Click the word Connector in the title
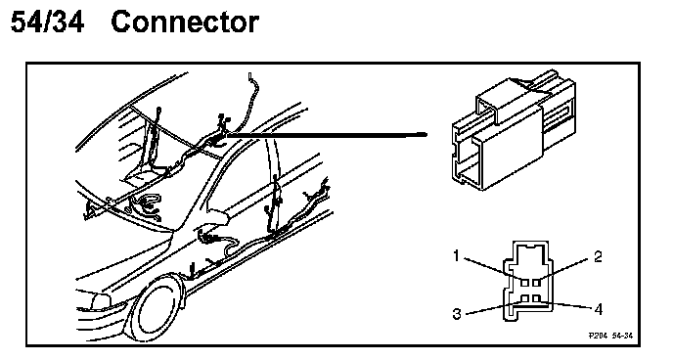tap(185, 22)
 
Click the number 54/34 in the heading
tap(47, 22)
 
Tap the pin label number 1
tap(456, 256)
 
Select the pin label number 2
tap(598, 256)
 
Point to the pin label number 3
tap(457, 314)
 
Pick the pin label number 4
tap(599, 308)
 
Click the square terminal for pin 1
tap(525, 283)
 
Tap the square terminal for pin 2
tap(536, 283)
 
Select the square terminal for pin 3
tap(525, 297)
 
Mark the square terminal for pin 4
tap(536, 297)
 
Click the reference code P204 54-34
tap(610, 336)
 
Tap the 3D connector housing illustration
tap(514, 129)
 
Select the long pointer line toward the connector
tap(327, 135)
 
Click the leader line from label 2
tap(564, 270)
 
